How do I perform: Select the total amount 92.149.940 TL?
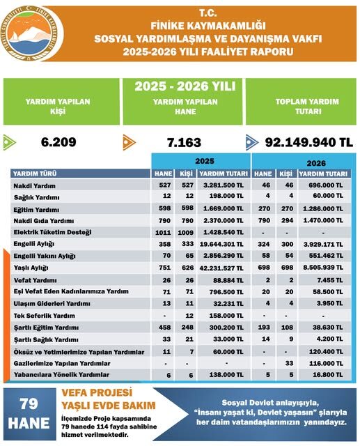pyautogui.click(x=308, y=141)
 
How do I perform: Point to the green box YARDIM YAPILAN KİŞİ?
pyautogui.click(x=59, y=105)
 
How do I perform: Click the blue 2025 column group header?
pyautogui.click(x=200, y=160)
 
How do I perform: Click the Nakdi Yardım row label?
pyautogui.click(x=35, y=187)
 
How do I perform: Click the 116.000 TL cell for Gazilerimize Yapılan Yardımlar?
pyautogui.click(x=324, y=363)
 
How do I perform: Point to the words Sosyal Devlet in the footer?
pyautogui.click(x=251, y=403)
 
